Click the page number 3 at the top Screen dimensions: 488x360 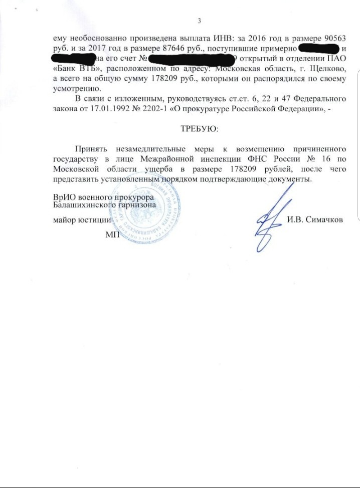pyautogui.click(x=199, y=21)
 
